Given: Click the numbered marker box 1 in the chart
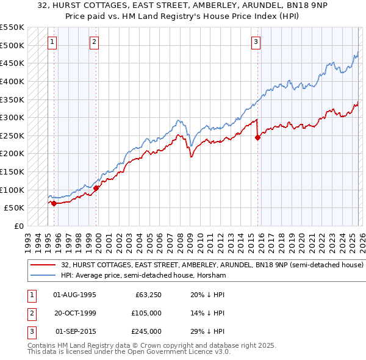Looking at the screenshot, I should [52, 42].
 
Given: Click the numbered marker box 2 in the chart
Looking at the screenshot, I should [95, 42].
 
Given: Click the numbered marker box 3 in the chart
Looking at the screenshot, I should [256, 42].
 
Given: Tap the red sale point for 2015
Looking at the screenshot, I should [257, 137].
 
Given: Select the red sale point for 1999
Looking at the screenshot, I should [96, 188].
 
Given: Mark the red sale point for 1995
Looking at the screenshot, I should [54, 203].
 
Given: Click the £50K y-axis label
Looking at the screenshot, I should [15, 208].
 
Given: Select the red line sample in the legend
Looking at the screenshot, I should [43, 265].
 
